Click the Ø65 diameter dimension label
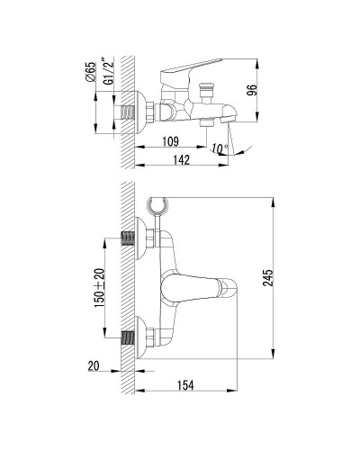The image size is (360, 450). [x=92, y=72]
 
